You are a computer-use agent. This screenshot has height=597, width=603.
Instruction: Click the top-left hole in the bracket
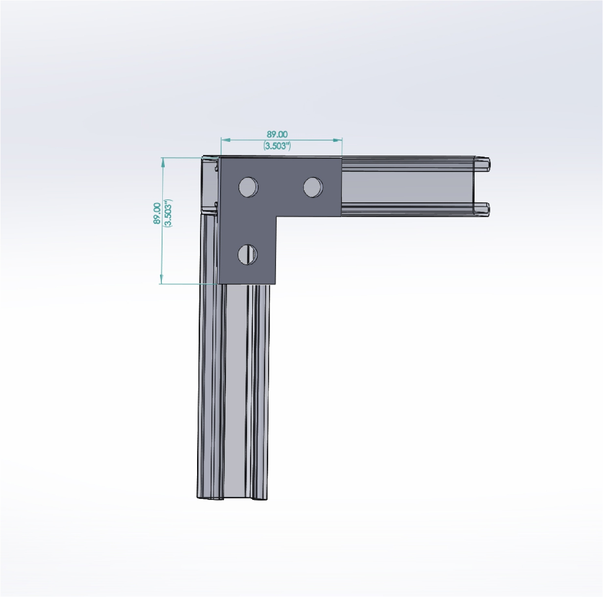click(248, 187)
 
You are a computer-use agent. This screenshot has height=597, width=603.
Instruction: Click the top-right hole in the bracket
click(313, 187)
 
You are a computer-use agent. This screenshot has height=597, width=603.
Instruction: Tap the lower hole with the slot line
click(248, 254)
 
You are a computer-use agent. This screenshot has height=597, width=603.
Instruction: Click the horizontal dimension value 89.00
click(277, 134)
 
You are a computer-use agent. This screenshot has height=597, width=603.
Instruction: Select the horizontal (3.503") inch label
click(277, 146)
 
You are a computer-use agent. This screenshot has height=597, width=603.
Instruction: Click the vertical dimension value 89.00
click(157, 213)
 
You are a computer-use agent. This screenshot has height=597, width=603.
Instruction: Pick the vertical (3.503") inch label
click(168, 213)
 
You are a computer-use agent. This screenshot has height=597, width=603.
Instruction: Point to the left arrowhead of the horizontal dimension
click(226, 140)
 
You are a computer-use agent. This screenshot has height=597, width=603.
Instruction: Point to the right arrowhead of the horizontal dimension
click(338, 140)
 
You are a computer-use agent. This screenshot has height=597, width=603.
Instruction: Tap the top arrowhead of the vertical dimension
click(162, 162)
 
